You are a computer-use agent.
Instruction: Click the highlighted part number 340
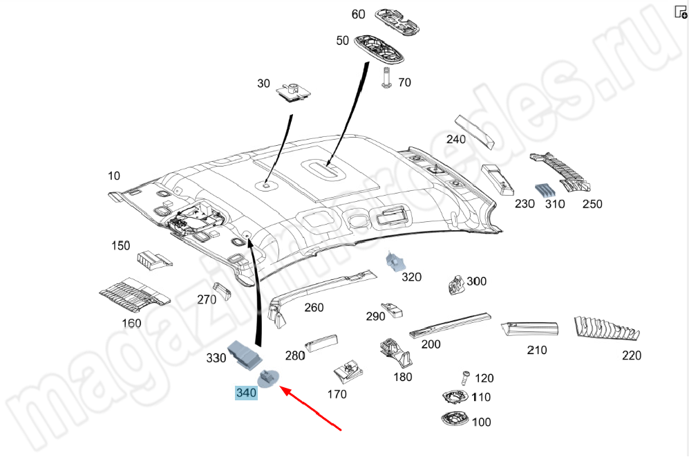click(246, 393)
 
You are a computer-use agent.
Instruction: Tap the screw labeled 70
click(387, 77)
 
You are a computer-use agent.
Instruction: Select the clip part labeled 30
click(293, 91)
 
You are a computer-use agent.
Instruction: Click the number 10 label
click(114, 176)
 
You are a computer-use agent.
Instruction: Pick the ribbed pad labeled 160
click(135, 293)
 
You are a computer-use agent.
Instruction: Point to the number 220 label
click(631, 355)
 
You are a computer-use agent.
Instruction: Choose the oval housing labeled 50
click(382, 49)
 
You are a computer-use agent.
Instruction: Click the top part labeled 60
click(398, 19)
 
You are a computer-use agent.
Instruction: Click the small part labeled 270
click(221, 291)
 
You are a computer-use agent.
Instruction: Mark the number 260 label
click(314, 307)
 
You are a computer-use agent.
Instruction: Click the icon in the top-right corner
click(680, 12)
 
